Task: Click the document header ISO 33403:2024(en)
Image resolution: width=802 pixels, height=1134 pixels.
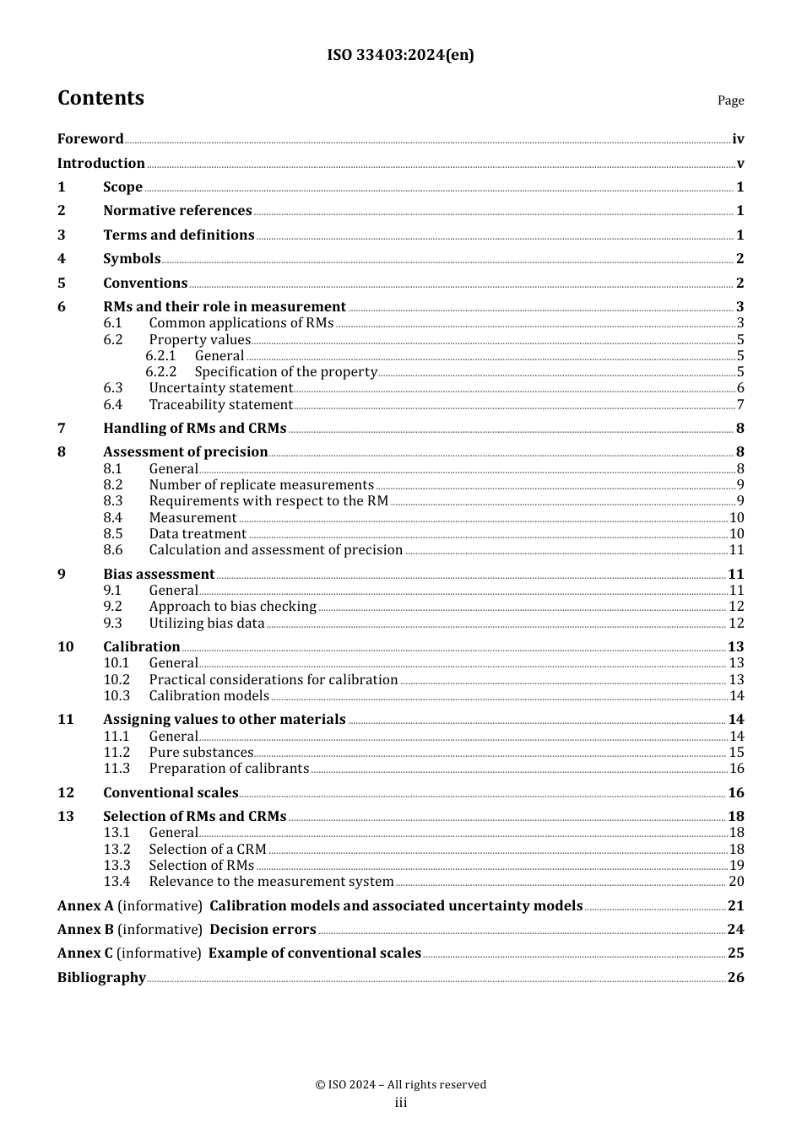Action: tap(400, 55)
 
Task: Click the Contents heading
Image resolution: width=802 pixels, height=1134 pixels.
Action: tap(100, 98)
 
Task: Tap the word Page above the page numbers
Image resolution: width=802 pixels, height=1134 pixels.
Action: tap(730, 100)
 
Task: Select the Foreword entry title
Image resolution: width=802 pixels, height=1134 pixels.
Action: tap(90, 139)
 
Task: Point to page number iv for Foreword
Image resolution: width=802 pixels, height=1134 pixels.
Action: tap(738, 139)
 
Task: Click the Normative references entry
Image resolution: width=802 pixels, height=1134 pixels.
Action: tap(177, 211)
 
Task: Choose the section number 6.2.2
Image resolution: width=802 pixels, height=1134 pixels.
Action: tap(160, 372)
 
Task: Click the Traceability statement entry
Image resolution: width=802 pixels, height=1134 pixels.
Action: tap(220, 405)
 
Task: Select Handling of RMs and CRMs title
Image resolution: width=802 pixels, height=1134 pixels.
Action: tap(194, 429)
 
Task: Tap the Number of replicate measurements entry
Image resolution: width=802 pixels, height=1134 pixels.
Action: tap(261, 485)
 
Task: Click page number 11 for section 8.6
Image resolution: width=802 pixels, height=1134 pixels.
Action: tap(736, 550)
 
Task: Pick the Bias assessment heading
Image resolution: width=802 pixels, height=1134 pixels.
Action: tap(159, 575)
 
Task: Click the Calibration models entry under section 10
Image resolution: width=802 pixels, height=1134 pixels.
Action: tap(209, 696)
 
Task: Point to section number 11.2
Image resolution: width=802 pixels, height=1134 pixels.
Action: tap(117, 753)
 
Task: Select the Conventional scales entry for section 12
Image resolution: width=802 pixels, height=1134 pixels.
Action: tap(171, 793)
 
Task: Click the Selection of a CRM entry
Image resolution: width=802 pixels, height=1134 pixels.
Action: tap(207, 850)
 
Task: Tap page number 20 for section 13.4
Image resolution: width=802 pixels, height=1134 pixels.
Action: tap(736, 882)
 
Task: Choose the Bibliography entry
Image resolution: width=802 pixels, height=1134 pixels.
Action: tap(101, 978)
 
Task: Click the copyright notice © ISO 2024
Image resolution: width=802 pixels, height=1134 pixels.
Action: tap(400, 1085)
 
